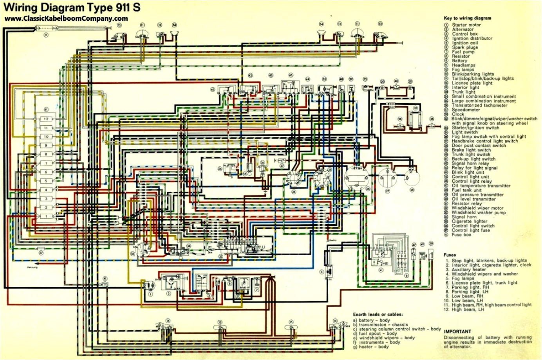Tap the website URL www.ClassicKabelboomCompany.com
[x=66, y=18]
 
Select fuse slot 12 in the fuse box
[x=46, y=119]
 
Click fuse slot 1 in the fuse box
[x=46, y=216]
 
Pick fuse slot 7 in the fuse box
[x=46, y=163]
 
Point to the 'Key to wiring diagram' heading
[x=467, y=18]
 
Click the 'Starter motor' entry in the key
[x=466, y=25]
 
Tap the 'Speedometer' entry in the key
[x=466, y=110]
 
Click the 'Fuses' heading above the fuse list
[x=450, y=255]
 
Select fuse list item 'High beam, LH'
[x=468, y=310]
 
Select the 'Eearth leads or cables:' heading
[x=378, y=314]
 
